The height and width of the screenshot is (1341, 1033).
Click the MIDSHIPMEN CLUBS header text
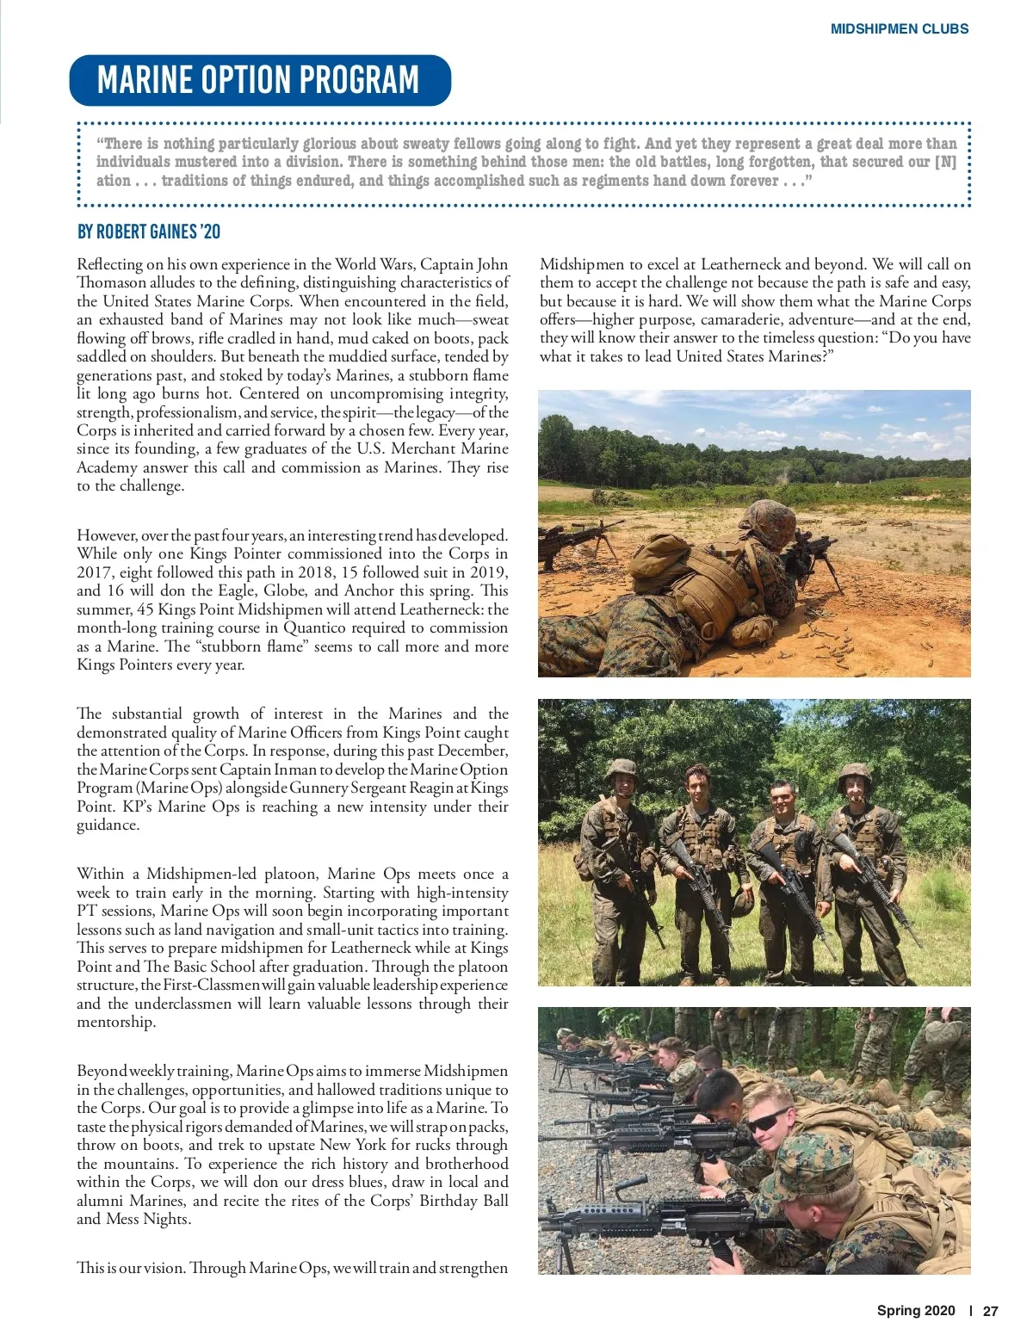tap(899, 28)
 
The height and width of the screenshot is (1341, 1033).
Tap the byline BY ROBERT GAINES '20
tap(149, 232)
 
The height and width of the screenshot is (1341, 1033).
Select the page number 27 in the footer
tap(990, 1311)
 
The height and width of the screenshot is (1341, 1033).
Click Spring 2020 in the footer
tap(916, 1311)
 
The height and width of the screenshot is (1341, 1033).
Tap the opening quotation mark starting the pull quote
tap(100, 144)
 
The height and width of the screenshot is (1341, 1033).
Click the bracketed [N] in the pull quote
tap(945, 162)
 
